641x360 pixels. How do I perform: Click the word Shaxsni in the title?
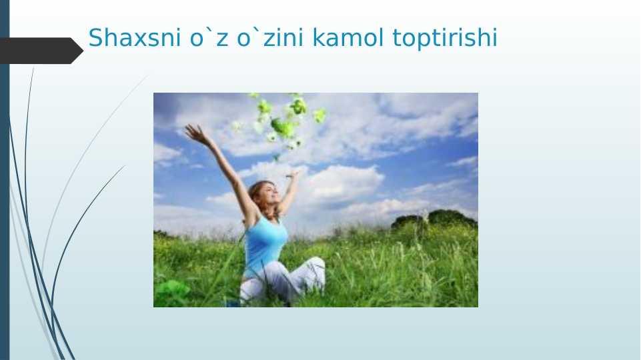pyautogui.click(x=135, y=37)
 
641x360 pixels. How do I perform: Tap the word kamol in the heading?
pyautogui.click(x=348, y=37)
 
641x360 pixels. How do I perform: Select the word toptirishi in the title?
pyautogui.click(x=445, y=38)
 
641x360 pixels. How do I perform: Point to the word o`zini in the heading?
pyautogui.click(x=270, y=37)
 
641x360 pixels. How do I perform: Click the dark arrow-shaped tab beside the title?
pyautogui.click(x=41, y=51)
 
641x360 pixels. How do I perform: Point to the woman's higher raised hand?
pyautogui.click(x=195, y=133)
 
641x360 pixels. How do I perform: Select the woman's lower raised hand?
pyautogui.click(x=293, y=175)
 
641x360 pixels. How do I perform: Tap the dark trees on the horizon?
pyautogui.click(x=434, y=219)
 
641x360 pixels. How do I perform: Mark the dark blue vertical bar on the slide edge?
pyautogui.click(x=5, y=180)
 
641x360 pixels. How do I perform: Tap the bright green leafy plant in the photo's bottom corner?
pyautogui.click(x=172, y=293)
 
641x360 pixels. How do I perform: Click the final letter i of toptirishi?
pyautogui.click(x=495, y=37)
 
